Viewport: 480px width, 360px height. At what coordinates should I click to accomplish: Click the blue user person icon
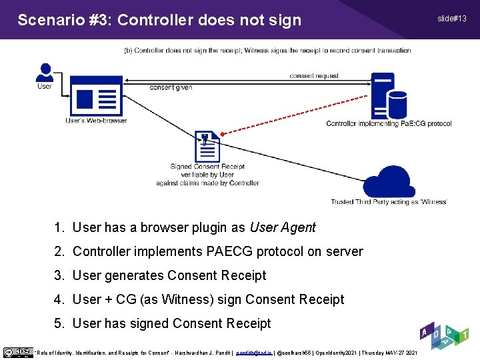45,71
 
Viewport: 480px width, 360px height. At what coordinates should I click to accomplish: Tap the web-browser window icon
96,97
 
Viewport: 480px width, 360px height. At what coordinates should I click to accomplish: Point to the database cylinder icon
397,103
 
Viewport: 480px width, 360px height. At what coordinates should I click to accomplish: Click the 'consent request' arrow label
314,76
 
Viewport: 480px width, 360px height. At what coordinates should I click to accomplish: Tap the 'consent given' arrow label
171,87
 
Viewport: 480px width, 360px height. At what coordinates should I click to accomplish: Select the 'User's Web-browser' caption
96,121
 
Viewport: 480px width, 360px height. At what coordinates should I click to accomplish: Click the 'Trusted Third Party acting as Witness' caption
389,202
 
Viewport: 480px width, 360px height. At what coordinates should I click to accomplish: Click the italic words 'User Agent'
283,227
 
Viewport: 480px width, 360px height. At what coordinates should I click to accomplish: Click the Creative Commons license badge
17,352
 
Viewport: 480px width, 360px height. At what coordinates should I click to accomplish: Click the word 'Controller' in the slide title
155,20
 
